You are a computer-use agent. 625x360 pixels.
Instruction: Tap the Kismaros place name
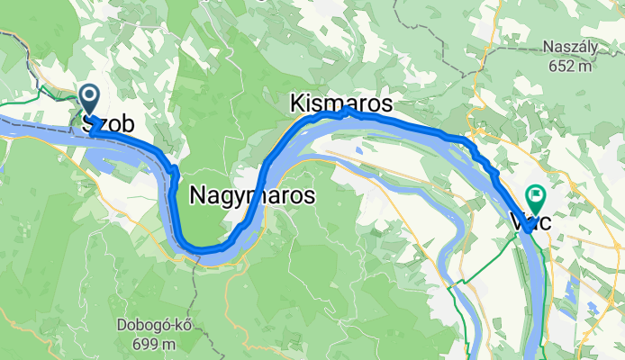click(x=341, y=104)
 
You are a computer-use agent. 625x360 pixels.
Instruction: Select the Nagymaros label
click(x=252, y=193)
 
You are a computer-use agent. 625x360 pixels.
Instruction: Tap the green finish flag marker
click(x=538, y=193)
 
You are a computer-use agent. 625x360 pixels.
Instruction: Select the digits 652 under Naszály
click(x=560, y=65)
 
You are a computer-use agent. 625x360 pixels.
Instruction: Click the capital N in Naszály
click(x=548, y=48)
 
